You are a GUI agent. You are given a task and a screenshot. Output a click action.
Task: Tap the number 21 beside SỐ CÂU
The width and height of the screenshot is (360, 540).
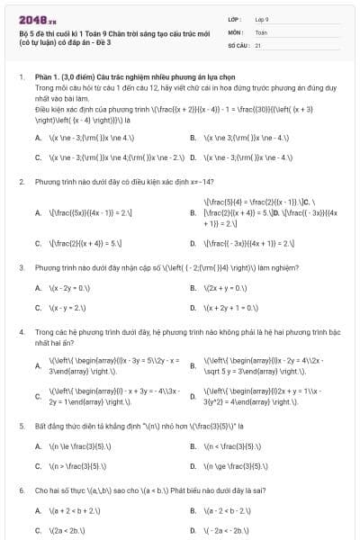click(257, 44)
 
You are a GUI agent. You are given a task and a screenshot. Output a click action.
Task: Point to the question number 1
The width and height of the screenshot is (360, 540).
click(21, 79)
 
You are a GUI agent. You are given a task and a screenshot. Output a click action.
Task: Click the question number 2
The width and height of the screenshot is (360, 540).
click(21, 181)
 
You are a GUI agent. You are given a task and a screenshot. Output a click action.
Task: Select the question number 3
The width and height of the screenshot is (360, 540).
click(21, 268)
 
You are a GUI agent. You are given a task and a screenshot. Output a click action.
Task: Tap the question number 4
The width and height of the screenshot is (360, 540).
click(21, 333)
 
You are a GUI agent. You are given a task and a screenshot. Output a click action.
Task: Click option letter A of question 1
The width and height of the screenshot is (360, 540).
click(38, 138)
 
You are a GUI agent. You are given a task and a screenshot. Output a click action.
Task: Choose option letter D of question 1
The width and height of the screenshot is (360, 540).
click(193, 157)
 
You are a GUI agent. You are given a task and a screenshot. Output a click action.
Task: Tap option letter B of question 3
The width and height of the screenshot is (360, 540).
click(193, 288)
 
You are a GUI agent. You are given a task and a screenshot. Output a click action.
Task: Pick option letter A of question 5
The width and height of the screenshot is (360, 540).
click(38, 445)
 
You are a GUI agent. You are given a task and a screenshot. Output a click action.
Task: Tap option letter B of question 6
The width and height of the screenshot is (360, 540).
click(193, 510)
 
